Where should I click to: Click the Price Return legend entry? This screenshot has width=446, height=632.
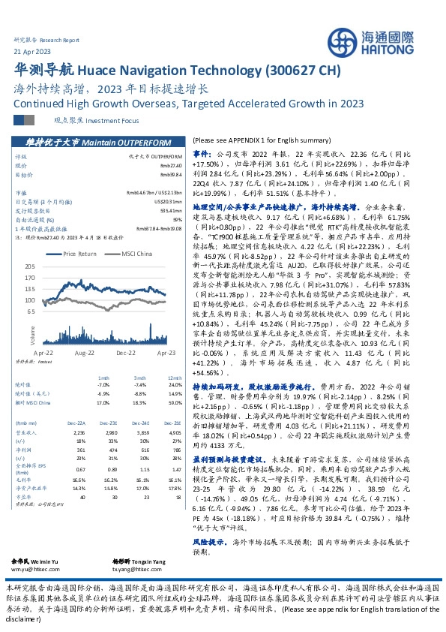tap(80, 254)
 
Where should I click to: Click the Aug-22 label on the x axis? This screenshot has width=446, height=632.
tap(84, 351)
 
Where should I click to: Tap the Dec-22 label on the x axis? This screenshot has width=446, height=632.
tap(126, 351)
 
